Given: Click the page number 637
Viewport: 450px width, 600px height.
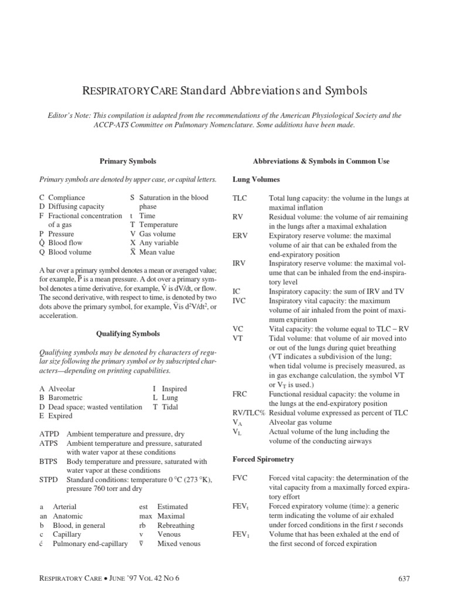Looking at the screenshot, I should [x=404, y=579].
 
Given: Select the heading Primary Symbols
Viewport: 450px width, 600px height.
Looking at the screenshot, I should [x=128, y=161].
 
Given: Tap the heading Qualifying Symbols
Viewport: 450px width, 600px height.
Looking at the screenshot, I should [x=128, y=333].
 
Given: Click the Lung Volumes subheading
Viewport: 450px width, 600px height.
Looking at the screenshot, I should [x=256, y=179].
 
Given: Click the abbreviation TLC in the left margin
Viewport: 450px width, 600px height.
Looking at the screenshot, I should [x=240, y=199].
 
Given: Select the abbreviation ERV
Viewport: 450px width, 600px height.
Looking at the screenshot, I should [x=240, y=236].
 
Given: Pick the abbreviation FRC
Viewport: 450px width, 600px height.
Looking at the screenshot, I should [x=240, y=394].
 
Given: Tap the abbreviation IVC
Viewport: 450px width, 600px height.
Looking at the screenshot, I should [x=240, y=301].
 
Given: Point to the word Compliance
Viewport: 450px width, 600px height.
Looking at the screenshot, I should [x=67, y=198].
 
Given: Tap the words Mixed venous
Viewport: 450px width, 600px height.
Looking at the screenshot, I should [x=179, y=544].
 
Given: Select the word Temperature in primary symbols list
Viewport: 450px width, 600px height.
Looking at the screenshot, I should [x=159, y=225].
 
